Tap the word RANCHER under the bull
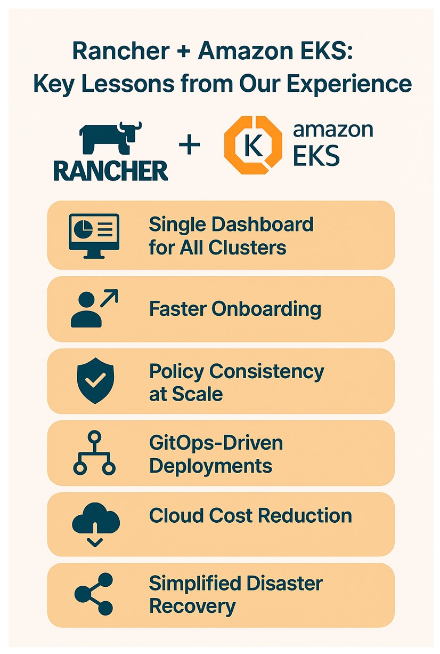(111, 171)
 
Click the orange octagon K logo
(253, 145)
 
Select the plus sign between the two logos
(189, 145)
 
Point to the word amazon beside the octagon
(333, 130)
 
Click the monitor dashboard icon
(94, 236)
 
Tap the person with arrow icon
(94, 308)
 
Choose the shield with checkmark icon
(95, 381)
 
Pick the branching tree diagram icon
(94, 452)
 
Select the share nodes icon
(94, 594)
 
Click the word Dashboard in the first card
(262, 225)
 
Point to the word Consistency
(266, 372)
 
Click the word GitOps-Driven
(216, 443)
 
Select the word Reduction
(305, 515)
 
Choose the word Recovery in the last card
(192, 607)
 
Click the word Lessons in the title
(128, 84)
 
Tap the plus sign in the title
(184, 52)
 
